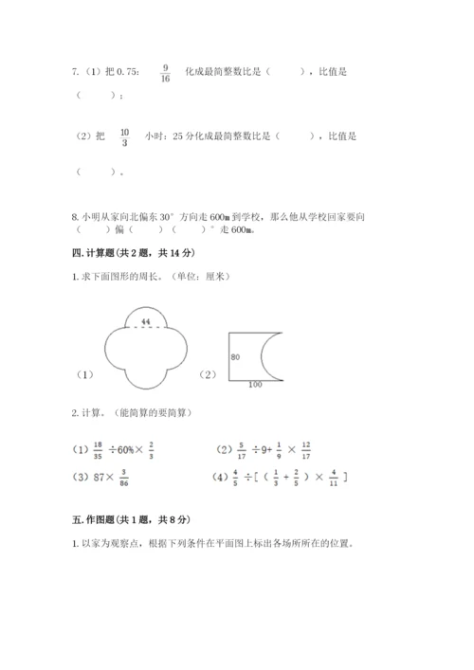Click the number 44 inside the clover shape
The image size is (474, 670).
(144, 322)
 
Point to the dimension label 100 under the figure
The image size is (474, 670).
(255, 385)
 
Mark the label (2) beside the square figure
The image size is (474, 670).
(208, 374)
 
